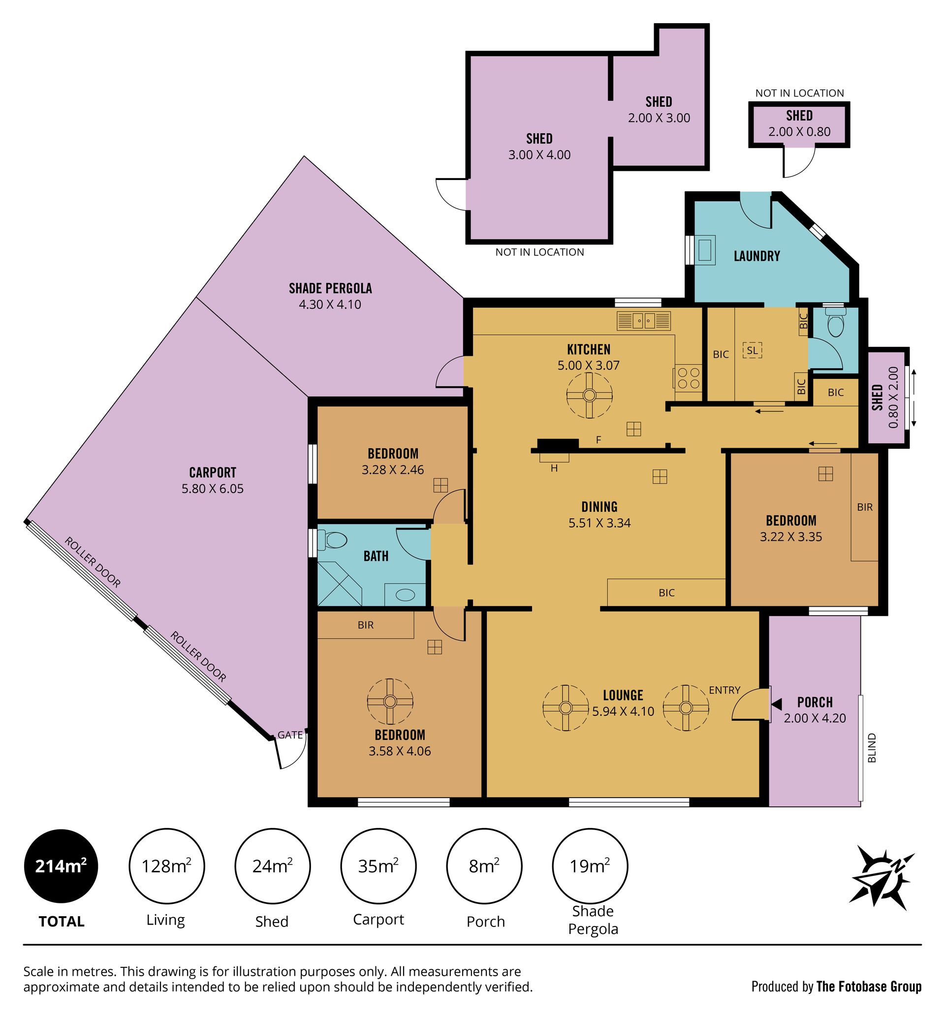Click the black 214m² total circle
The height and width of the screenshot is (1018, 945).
click(x=62, y=866)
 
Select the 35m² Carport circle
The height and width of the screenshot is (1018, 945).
click(x=378, y=866)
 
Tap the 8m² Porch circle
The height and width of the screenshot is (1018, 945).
click(x=484, y=866)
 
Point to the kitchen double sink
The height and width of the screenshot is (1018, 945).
click(x=644, y=321)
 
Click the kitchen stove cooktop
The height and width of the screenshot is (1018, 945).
click(x=688, y=378)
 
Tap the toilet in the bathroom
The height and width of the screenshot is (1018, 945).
click(x=332, y=540)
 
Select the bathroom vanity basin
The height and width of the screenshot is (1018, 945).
click(x=405, y=595)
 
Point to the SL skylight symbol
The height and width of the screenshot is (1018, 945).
click(x=752, y=350)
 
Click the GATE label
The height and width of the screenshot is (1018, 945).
click(x=290, y=735)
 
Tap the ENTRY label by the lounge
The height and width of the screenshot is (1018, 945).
click(x=724, y=690)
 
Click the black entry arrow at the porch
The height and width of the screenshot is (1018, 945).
click(x=777, y=705)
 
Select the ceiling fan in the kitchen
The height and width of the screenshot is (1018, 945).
click(x=589, y=395)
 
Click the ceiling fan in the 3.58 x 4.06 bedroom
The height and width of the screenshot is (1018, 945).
click(x=390, y=701)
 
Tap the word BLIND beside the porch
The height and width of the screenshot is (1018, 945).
click(x=872, y=748)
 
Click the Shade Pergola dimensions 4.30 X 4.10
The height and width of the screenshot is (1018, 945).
click(x=330, y=305)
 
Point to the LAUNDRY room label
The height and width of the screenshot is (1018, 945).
click(x=757, y=256)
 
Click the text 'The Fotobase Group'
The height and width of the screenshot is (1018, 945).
click(x=869, y=987)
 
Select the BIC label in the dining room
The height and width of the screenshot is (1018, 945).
click(x=666, y=592)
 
